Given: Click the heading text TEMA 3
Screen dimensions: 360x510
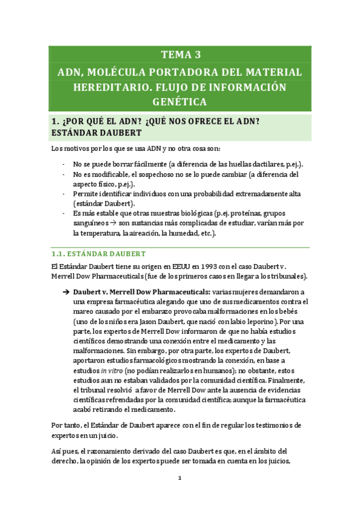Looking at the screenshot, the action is click(x=180, y=55).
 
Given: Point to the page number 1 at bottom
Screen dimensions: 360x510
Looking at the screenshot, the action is click(x=180, y=479).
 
